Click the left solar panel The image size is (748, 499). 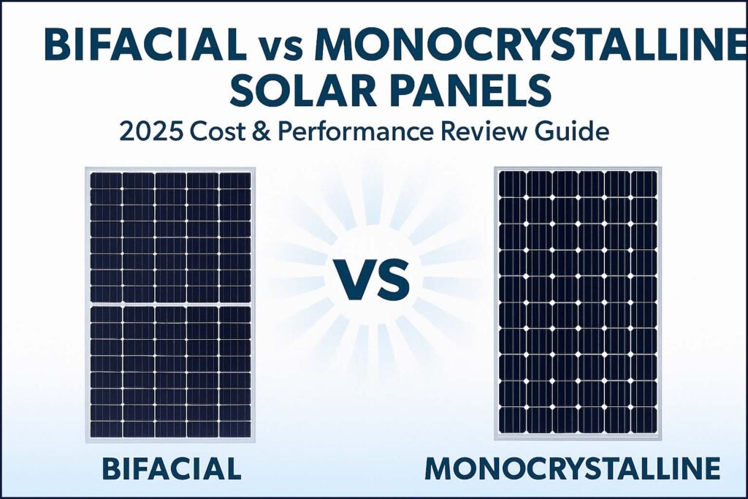171,305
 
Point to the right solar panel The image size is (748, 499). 576,302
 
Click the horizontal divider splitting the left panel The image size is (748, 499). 171,303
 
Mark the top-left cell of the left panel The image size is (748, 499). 105,180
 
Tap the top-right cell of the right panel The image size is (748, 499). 644,183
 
